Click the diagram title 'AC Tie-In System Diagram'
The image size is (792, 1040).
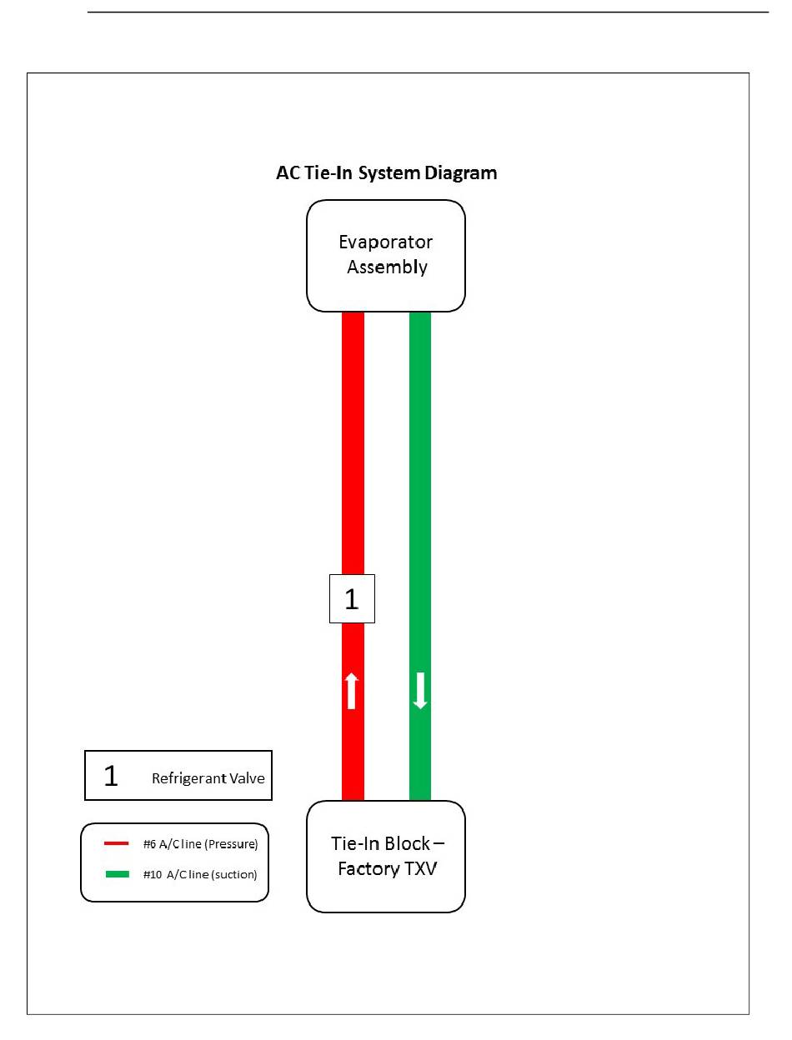(386, 173)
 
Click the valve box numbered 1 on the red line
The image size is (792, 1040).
(352, 598)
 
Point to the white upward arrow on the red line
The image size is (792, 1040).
(352, 691)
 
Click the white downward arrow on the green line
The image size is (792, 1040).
(420, 691)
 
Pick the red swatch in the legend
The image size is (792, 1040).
(116, 843)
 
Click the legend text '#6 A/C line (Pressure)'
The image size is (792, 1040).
(200, 843)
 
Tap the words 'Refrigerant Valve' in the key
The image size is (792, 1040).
(208, 779)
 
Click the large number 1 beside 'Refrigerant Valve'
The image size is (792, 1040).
(111, 776)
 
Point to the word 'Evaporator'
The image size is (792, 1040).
(386, 242)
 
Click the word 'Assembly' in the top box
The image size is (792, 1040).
(387, 267)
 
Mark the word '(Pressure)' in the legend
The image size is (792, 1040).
(233, 843)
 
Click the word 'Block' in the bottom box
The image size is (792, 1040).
(407, 842)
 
